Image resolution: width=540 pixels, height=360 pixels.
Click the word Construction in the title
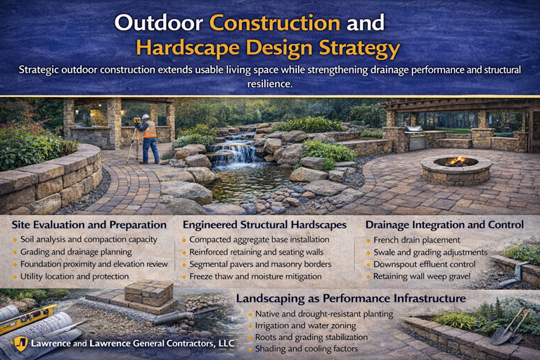[275, 22]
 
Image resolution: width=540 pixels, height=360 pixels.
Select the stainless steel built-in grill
[416, 138]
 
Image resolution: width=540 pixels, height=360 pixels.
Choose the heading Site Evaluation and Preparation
[89, 225]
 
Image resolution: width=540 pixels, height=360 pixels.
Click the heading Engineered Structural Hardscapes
[264, 225]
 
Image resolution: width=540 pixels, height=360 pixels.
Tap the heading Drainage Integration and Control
[444, 225]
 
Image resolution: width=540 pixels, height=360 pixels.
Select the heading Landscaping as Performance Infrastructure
[350, 298]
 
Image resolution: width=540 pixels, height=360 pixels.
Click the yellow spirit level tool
[28, 319]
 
